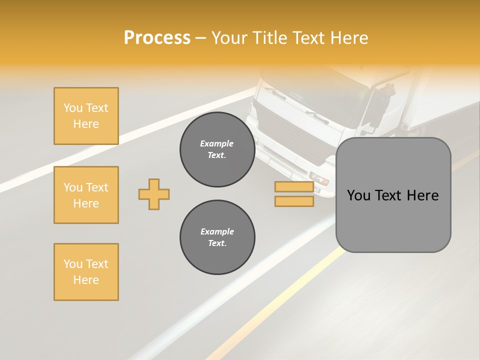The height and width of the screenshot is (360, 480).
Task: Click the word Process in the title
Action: (x=157, y=38)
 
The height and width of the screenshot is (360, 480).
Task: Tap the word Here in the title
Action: (x=348, y=38)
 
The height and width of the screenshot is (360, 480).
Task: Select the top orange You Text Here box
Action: (x=86, y=116)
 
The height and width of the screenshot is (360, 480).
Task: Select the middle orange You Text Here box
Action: (x=86, y=195)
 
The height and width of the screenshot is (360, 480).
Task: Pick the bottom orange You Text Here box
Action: (x=86, y=272)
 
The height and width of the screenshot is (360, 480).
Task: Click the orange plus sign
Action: (x=154, y=194)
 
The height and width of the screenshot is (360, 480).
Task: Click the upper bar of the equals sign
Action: (x=294, y=187)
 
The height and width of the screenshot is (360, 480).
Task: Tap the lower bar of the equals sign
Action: (x=294, y=201)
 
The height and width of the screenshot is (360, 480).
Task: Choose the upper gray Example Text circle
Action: (x=217, y=149)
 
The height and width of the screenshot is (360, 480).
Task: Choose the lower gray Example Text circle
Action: (x=217, y=237)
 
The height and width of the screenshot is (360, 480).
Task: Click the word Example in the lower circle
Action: (x=217, y=231)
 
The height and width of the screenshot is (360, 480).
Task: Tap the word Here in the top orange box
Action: (x=86, y=124)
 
